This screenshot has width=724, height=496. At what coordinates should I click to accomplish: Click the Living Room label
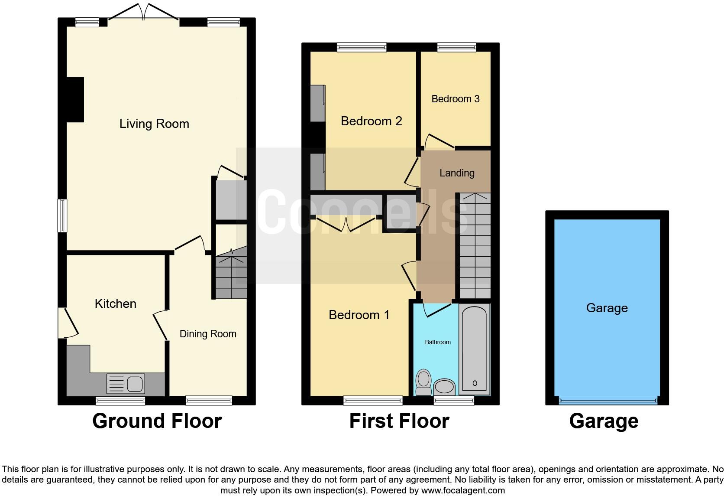154,124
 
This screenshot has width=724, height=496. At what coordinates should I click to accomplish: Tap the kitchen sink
126,384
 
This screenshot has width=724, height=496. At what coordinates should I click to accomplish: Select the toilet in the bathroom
423,382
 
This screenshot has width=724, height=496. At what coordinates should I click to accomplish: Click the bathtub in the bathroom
475,349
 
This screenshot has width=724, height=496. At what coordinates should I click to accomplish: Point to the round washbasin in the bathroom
444,386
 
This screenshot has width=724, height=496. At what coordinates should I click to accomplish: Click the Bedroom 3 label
455,99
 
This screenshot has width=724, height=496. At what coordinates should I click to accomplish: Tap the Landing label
457,173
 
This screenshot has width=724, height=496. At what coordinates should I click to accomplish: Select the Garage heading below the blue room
604,421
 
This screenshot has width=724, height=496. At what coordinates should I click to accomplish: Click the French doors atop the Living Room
143,12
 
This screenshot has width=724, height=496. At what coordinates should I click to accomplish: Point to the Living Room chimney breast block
74,99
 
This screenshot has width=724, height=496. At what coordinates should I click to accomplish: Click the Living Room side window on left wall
63,215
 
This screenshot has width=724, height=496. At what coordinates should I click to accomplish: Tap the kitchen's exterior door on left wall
68,323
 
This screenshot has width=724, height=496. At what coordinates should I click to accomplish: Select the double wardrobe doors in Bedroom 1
346,224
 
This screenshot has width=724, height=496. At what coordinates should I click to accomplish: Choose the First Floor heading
399,421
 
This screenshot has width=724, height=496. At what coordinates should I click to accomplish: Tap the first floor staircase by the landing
475,245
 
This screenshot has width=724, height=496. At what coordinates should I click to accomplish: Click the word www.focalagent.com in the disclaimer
462,491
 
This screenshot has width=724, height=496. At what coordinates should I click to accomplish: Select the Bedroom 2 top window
362,47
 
